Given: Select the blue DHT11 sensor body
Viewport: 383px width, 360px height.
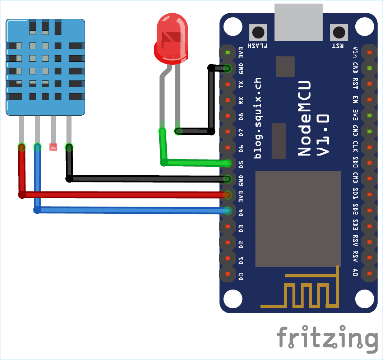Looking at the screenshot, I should point(45,67).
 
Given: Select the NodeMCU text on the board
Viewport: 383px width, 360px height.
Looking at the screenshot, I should point(305,118).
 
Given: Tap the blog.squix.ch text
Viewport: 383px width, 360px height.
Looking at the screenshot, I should point(258,118).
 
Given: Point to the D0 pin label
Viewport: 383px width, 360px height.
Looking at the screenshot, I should point(241,277).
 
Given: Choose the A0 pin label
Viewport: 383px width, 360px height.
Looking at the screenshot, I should point(355,272).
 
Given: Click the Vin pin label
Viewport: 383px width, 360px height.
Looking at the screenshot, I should point(355,52).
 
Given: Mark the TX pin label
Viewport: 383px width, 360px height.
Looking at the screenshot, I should point(241,84).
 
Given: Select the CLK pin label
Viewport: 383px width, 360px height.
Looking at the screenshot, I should point(355,147).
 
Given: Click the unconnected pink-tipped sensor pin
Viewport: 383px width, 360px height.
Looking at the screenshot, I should point(53,147).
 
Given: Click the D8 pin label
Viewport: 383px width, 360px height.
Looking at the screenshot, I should point(241,116).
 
